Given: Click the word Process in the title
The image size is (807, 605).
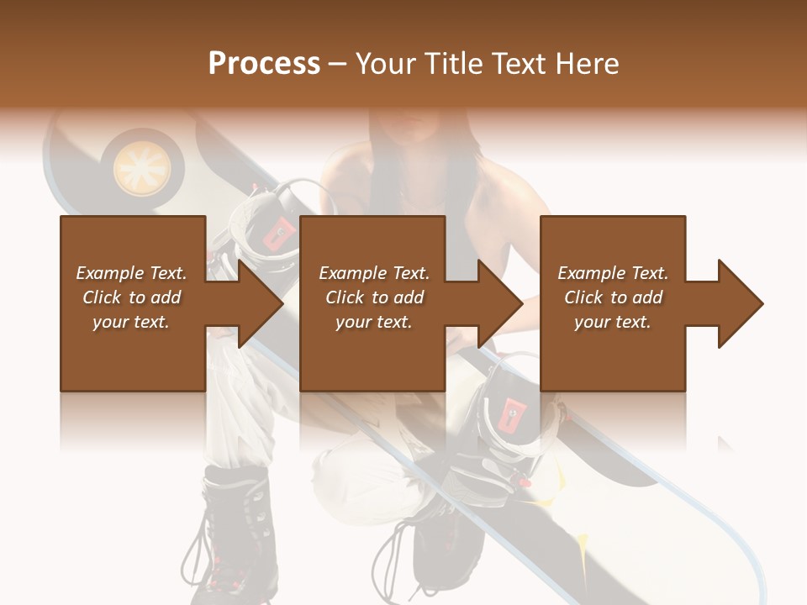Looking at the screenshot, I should (x=264, y=63).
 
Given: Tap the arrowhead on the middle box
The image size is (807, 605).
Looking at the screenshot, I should (x=499, y=303).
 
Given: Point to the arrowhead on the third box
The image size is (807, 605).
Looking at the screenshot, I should (x=740, y=303).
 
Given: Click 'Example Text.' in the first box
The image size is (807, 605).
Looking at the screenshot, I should (x=131, y=273).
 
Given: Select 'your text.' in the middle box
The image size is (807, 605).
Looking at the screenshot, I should (x=373, y=322).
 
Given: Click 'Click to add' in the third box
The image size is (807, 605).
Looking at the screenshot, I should (x=613, y=297).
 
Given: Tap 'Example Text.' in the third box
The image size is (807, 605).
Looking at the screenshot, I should (x=613, y=273).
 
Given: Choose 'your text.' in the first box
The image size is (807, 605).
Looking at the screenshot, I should (x=131, y=322).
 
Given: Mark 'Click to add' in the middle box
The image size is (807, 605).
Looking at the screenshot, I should (x=373, y=297).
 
